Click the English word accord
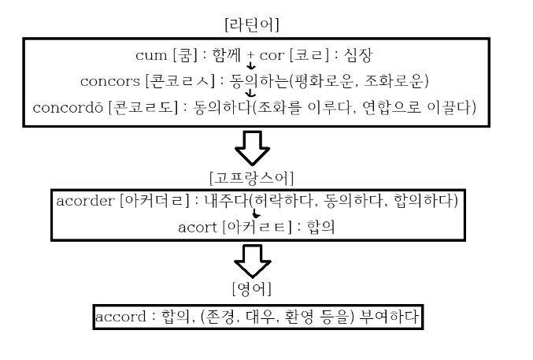click(x=116, y=317)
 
